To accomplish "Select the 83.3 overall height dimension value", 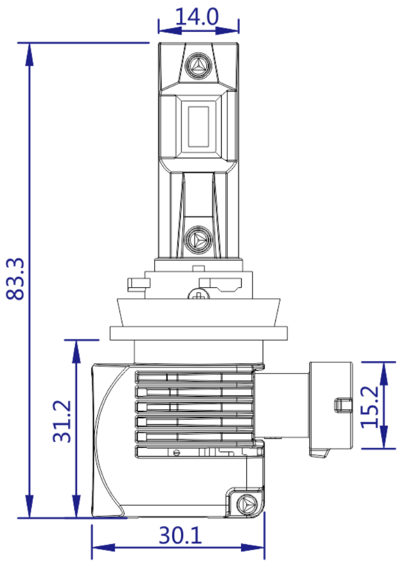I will coord(16,279).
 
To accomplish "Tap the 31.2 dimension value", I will coord(63,421).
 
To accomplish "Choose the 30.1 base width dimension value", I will coord(180,536).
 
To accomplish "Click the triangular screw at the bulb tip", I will coord(198,67).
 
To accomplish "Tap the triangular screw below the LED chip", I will coord(198,240).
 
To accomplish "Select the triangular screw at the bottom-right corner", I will coord(245,503).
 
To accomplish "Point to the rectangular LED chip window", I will coord(198,124).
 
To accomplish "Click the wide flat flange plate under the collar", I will coord(196,333).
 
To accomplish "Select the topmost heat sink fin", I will coord(193,377).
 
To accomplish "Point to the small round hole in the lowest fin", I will coord(176,451).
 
